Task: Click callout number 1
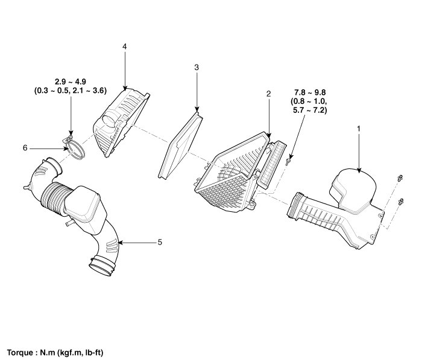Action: point(358,129)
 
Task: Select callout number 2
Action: point(268,94)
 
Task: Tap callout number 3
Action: point(197,68)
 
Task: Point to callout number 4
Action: point(124,46)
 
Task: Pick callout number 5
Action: point(160,242)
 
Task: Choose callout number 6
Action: point(25,148)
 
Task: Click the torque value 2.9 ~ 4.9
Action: point(71,81)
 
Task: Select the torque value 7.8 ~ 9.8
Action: point(310,93)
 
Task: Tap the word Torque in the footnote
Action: point(20,353)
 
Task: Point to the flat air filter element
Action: point(181,145)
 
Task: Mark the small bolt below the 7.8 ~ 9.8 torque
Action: point(289,161)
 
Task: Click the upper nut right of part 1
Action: point(400,178)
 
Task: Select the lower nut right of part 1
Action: point(400,201)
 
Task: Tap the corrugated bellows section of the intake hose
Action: point(52,196)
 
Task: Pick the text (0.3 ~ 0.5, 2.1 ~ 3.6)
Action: point(71,91)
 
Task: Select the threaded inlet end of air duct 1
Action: point(294,205)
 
